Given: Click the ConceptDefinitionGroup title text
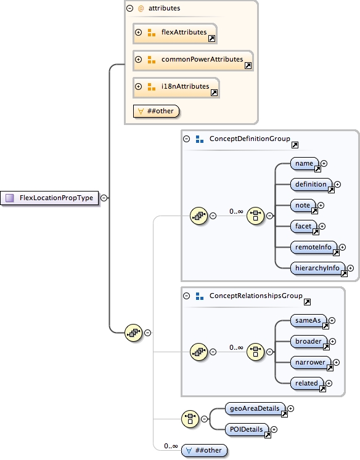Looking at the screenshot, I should [250, 139].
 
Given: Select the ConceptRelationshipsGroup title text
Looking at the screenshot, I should [256, 296].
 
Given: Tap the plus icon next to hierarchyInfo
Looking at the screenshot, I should [350, 268].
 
